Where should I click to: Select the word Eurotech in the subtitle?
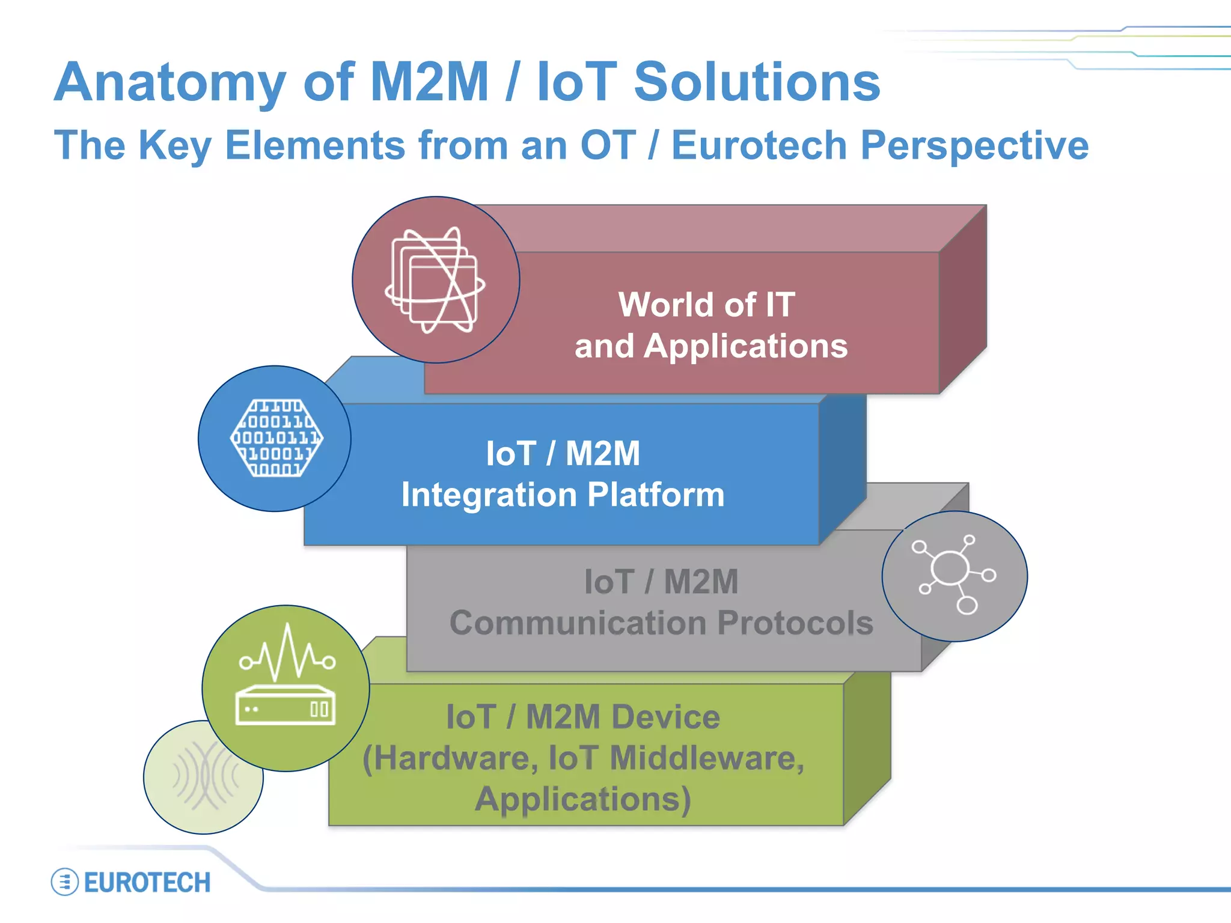759,145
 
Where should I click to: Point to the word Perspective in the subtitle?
974,145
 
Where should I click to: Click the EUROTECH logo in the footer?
131,882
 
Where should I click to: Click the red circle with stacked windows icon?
436,280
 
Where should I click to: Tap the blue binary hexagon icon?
275,439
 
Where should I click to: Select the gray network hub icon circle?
954,576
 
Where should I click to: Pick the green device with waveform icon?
286,688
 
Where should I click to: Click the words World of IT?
707,305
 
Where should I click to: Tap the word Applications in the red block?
745,347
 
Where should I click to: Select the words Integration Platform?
563,495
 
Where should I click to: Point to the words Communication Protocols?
661,623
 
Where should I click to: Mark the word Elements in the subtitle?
315,145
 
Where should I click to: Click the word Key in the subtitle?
175,145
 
